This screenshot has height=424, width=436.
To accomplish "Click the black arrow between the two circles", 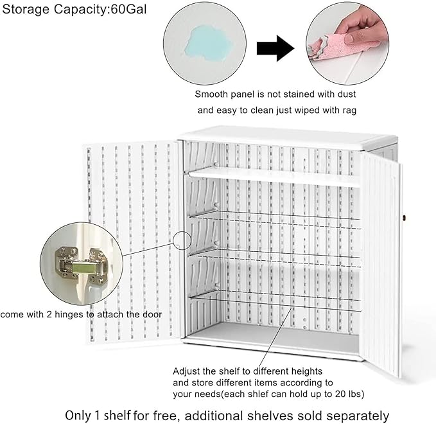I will click(275, 49).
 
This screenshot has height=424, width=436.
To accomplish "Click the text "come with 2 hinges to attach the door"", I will click(81, 315).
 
